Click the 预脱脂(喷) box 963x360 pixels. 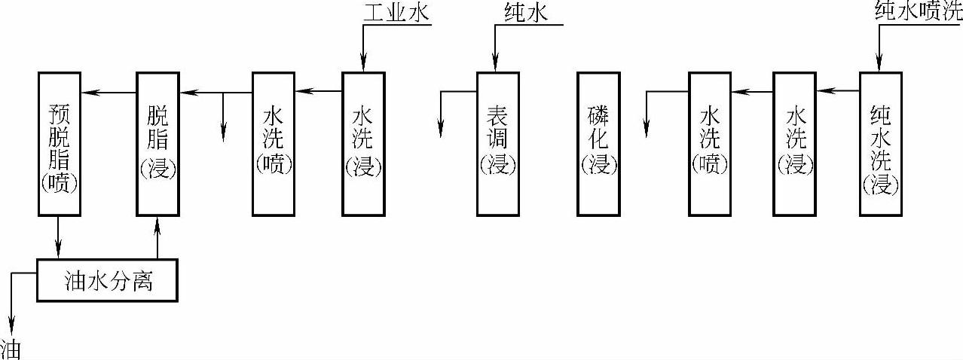(59, 143)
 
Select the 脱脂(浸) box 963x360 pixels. (157, 143)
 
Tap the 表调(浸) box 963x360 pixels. (498, 143)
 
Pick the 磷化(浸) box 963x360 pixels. (598, 143)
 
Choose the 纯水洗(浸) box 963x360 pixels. (880, 143)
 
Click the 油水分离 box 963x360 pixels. (107, 281)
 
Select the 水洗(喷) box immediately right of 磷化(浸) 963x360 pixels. (710, 143)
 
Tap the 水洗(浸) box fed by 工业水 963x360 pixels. (363, 143)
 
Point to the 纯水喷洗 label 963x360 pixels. (918, 11)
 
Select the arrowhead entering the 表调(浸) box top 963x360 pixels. (496, 66)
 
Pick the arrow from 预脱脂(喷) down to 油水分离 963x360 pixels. (59, 237)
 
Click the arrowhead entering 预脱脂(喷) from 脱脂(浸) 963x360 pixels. (86, 93)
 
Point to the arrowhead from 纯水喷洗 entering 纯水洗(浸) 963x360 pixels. (879, 66)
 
